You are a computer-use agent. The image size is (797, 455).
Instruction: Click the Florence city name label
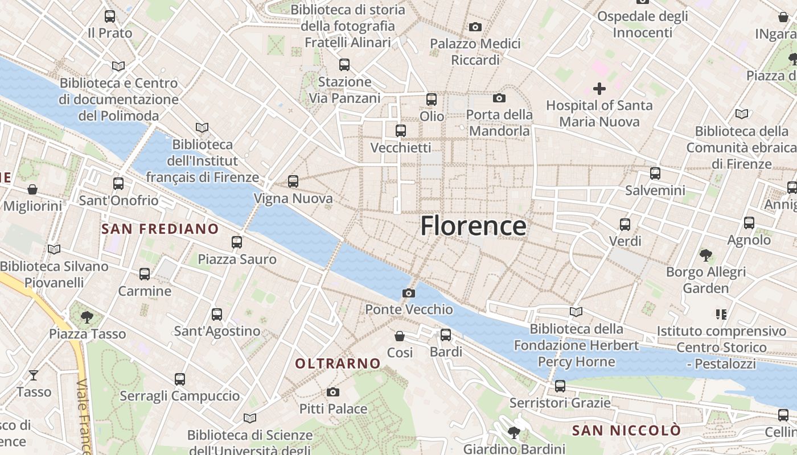point(473,226)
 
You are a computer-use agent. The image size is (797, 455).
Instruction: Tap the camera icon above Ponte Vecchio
point(408,293)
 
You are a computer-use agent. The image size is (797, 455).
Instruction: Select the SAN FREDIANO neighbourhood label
point(160,229)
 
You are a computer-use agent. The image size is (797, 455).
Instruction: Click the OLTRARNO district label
point(338,363)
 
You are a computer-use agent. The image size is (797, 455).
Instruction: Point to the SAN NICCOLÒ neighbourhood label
point(626,431)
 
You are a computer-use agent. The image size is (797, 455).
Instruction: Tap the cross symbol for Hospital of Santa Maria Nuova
point(599,89)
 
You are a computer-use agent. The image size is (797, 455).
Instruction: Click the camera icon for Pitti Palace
point(333,392)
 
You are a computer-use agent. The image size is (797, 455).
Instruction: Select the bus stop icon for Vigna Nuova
point(293,181)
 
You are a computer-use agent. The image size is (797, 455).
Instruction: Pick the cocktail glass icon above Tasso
point(34,375)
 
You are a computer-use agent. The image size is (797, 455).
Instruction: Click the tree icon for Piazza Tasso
point(87,317)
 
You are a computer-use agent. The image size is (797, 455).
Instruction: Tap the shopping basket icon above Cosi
point(400,336)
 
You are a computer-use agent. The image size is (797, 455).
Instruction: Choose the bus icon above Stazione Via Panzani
point(344,65)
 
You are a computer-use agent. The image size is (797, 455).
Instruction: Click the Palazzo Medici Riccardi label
point(475,52)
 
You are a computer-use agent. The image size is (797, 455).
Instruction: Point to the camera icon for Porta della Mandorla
point(499,98)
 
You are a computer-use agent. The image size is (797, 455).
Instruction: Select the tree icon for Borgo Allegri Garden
point(706,255)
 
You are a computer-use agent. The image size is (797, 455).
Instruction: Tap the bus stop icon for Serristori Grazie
point(560,386)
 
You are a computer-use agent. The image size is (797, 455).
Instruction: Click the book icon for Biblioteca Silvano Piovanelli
point(54,249)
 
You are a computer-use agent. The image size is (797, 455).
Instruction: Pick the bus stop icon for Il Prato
point(110,16)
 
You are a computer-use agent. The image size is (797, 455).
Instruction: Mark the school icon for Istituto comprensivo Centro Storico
point(721,314)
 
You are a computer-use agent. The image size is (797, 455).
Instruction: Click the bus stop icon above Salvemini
point(655,173)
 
